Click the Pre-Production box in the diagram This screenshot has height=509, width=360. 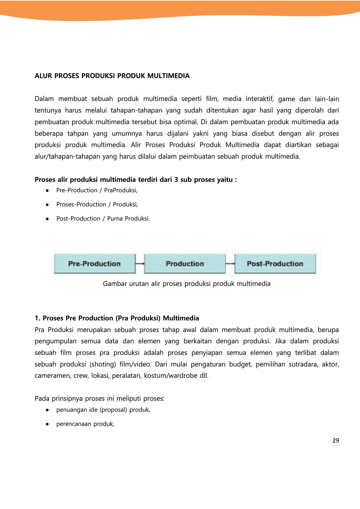click(x=95, y=264)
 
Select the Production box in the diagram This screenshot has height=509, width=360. click(x=185, y=264)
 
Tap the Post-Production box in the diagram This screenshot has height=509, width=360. click(x=275, y=264)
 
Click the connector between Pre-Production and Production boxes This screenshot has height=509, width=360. click(x=140, y=264)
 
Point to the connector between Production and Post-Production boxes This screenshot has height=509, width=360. click(x=230, y=264)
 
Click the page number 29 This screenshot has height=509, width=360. click(x=336, y=441)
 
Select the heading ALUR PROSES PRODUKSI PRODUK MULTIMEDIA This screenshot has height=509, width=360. click(x=112, y=76)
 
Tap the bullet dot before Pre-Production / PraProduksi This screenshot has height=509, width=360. click(x=47, y=191)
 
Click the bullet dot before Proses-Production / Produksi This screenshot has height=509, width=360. click(x=47, y=205)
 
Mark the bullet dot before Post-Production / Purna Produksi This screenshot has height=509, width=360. click(x=47, y=219)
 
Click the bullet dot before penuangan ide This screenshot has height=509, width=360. click(x=47, y=410)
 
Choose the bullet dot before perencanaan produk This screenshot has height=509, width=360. click(x=47, y=424)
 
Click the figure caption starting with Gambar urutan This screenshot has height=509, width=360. click(x=187, y=284)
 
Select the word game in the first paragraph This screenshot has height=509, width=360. click(x=286, y=99)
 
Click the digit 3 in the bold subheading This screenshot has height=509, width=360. click(x=176, y=180)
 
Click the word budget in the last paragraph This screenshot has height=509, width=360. click(x=240, y=364)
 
